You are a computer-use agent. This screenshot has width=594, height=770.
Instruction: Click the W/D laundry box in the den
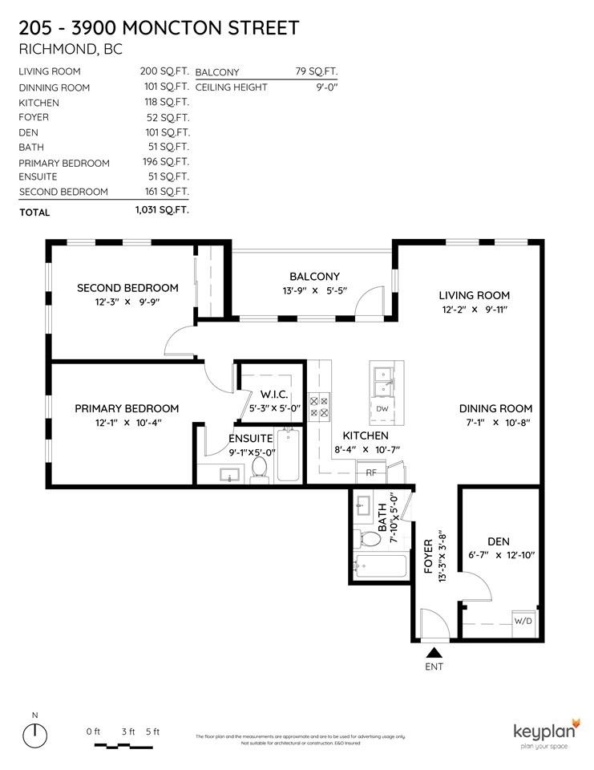coord(522,620)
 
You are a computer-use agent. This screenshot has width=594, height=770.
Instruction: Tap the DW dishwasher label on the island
coord(382,408)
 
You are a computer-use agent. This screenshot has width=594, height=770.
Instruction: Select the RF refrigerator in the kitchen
coord(371,472)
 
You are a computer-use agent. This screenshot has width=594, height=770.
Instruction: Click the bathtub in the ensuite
coord(288,456)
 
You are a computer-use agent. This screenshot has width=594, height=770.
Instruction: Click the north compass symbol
coord(34,735)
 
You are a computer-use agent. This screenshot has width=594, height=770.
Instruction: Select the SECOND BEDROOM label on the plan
coord(127,287)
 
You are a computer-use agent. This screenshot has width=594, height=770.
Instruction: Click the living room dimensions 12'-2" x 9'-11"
coord(475,309)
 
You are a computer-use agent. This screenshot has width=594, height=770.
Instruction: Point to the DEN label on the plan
coord(498,541)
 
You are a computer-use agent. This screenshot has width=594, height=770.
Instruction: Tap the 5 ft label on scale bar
coord(152,731)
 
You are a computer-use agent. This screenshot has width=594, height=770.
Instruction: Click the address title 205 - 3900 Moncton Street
coord(159,28)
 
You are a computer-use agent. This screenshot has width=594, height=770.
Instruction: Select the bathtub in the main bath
coord(381,568)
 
